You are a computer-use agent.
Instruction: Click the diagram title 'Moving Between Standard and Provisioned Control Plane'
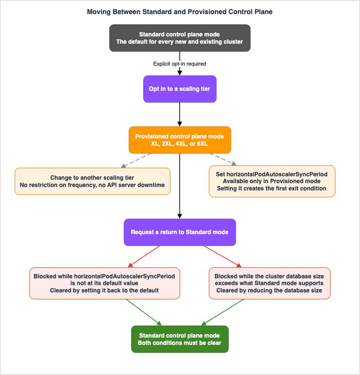(180, 12)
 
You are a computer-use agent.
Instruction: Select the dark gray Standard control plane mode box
(180, 38)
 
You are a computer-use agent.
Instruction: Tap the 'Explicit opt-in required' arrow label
(180, 64)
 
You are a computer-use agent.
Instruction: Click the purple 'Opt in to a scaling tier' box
(180, 89)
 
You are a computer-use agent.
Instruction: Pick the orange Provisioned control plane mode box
(180, 140)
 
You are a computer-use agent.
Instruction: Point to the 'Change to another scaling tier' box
(93, 181)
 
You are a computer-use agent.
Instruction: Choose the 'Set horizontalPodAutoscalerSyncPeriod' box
(272, 181)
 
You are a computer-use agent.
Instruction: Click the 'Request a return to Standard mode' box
(180, 232)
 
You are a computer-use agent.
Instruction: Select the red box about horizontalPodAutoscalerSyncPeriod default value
(104, 283)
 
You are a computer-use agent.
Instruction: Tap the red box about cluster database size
(269, 283)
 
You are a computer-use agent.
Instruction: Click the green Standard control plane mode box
(180, 339)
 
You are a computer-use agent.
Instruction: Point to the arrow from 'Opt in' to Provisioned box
(180, 114)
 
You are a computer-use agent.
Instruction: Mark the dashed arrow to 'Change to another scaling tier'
(136, 160)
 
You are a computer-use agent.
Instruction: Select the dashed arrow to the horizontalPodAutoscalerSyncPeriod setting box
(223, 159)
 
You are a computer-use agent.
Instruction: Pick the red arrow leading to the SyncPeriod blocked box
(144, 256)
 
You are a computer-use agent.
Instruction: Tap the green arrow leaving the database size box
(223, 312)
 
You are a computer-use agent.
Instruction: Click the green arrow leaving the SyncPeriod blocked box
(144, 312)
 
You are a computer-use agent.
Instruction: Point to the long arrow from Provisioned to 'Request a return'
(180, 186)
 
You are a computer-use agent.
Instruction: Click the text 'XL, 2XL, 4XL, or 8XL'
(180, 144)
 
